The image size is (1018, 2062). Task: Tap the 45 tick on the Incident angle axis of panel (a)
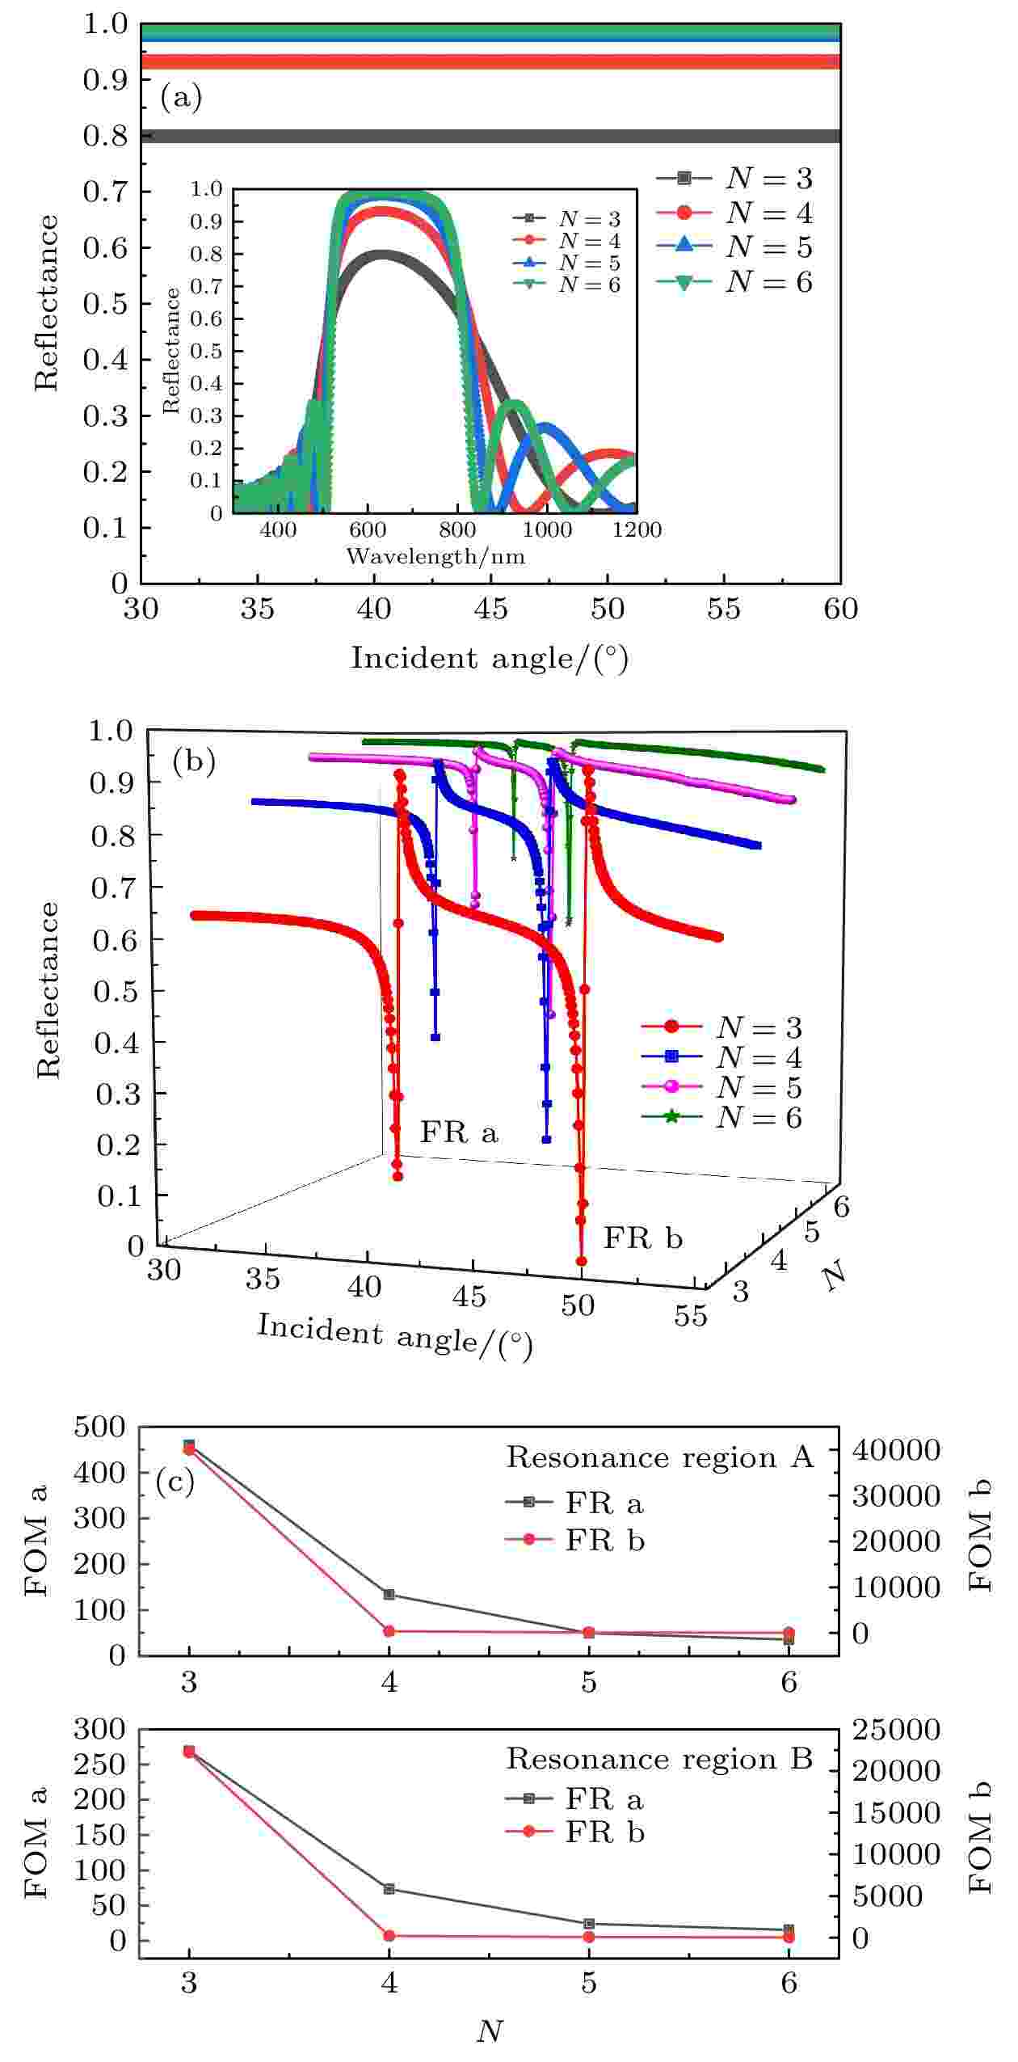(x=490, y=609)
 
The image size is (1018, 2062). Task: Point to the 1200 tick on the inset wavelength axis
(x=636, y=530)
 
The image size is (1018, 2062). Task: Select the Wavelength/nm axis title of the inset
(x=435, y=556)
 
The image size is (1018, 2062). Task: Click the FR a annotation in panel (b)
(x=458, y=1132)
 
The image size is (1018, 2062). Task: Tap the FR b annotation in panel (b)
(x=643, y=1238)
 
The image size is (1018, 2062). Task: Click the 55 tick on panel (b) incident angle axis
(x=691, y=1316)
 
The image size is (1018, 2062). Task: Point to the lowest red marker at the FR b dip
(x=581, y=1261)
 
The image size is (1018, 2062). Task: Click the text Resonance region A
(x=659, y=1457)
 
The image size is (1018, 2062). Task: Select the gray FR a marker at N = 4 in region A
(x=389, y=1595)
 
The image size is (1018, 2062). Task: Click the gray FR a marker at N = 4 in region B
(x=389, y=1889)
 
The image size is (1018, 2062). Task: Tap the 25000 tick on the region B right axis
(x=898, y=1730)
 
